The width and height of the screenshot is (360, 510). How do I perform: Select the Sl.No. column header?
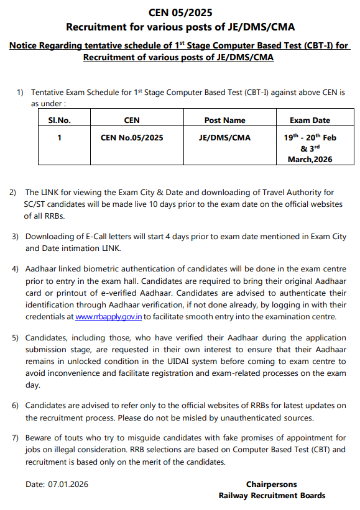tap(59, 120)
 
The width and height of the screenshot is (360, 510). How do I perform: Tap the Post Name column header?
tap(224, 120)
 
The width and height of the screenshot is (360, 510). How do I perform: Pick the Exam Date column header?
tap(310, 120)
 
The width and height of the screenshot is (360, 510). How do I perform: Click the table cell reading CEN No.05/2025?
tap(132, 137)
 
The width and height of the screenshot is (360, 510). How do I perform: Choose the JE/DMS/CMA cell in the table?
tap(224, 137)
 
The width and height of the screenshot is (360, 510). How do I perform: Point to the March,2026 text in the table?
tap(310, 159)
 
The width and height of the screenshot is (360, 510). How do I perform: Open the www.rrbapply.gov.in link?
tap(109, 317)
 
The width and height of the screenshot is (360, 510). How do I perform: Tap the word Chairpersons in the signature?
tap(271, 484)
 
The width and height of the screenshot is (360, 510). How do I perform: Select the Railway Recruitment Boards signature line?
tap(272, 495)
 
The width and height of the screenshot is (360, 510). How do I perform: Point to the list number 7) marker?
tap(15, 439)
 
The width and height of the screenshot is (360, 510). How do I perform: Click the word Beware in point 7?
tap(39, 439)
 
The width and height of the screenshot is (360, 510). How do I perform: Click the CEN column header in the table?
tap(132, 120)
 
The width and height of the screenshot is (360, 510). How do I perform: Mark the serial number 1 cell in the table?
tap(59, 137)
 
